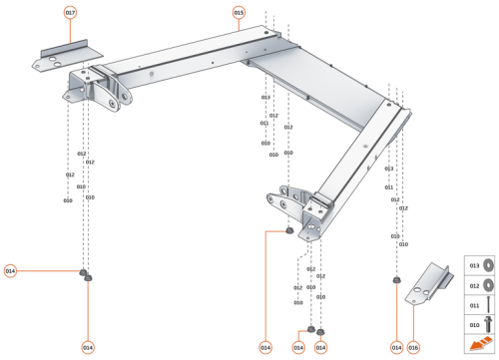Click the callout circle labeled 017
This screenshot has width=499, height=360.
pyautogui.click(x=70, y=13)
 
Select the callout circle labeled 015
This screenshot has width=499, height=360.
pyautogui.click(x=239, y=13)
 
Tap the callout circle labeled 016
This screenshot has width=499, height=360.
pyautogui.click(x=413, y=347)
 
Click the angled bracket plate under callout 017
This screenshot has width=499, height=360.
pyautogui.click(x=59, y=56)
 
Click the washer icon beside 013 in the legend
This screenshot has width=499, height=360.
pyautogui.click(x=490, y=266)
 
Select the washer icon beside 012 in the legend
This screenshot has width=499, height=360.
pyautogui.click(x=490, y=285)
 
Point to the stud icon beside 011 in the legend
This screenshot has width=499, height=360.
pyautogui.click(x=490, y=305)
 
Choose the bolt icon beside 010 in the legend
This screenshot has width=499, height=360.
pyautogui.click(x=490, y=324)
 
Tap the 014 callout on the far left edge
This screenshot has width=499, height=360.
pyautogui.click(x=10, y=270)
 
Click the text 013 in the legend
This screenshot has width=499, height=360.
pyautogui.click(x=474, y=266)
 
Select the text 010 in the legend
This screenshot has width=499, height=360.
pyautogui.click(x=474, y=324)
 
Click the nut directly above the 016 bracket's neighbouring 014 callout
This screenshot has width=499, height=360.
pyautogui.click(x=396, y=280)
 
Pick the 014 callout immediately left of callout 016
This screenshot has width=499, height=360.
pyautogui.click(x=396, y=347)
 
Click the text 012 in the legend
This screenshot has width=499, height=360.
pyautogui.click(x=474, y=285)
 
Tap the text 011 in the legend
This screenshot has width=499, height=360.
pyautogui.click(x=474, y=305)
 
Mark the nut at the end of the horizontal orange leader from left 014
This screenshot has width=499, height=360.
pyautogui.click(x=82, y=271)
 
